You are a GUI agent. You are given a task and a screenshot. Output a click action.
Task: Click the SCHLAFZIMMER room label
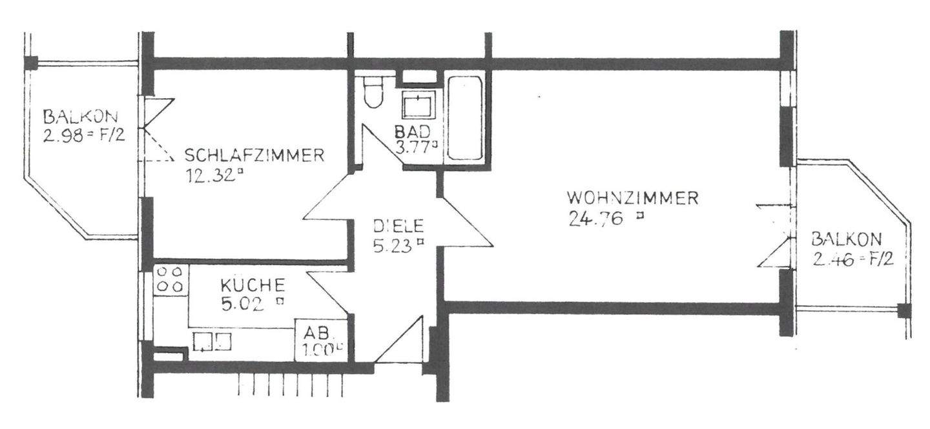tap(254, 155)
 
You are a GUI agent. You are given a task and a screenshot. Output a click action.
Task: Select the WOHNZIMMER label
tap(632, 197)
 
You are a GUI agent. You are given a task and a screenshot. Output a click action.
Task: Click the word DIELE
tap(398, 226)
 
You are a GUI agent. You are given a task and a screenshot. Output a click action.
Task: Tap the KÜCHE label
tap(252, 284)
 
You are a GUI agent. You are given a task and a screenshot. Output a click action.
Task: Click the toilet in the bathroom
tap(373, 94)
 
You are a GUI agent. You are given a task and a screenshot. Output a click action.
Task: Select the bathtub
tap(465, 119)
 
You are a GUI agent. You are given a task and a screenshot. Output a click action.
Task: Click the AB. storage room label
tap(318, 334)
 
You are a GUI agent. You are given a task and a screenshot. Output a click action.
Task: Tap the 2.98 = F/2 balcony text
tap(83, 136)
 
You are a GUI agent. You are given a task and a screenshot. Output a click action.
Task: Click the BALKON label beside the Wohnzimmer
tap(845, 240)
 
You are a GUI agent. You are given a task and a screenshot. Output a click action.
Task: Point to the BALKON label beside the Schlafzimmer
tap(80, 117)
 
